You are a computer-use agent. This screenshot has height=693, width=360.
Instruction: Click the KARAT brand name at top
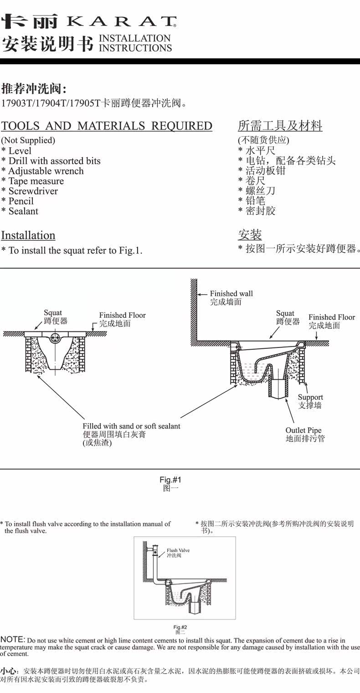pyautogui.click(x=121, y=21)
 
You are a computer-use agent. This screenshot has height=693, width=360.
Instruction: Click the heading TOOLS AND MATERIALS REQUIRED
pyautogui.click(x=107, y=126)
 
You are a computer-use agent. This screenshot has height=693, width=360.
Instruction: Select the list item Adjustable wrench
pyautogui.click(x=46, y=171)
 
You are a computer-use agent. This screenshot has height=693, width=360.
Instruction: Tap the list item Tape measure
pyautogui.click(x=36, y=181)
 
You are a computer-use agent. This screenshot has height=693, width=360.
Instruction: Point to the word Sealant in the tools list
pyautogui.click(x=23, y=211)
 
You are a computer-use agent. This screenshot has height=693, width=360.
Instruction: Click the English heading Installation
pyautogui.click(x=28, y=235)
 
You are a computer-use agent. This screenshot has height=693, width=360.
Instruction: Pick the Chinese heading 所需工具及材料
pyautogui.click(x=280, y=125)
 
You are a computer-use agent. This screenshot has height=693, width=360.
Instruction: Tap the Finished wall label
pyautogui.click(x=231, y=294)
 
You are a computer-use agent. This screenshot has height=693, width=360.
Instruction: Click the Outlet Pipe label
pyautogui.click(x=303, y=430)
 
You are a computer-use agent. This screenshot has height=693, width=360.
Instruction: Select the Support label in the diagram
pyautogui.click(x=310, y=397)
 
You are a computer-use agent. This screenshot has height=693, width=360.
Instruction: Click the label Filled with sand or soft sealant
pyautogui.click(x=131, y=426)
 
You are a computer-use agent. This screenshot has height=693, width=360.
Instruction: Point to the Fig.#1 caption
pyautogui.click(x=170, y=480)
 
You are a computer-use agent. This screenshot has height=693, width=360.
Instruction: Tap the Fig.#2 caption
pyautogui.click(x=180, y=627)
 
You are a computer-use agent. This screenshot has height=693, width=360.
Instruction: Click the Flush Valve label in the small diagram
pyautogui.click(x=178, y=550)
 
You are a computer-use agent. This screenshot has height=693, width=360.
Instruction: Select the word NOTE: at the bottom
pyautogui.click(x=13, y=640)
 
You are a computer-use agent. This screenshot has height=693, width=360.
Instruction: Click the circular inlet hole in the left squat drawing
pyautogui.click(x=55, y=338)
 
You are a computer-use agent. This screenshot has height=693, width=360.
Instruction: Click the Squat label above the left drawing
pyautogui.click(x=53, y=313)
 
